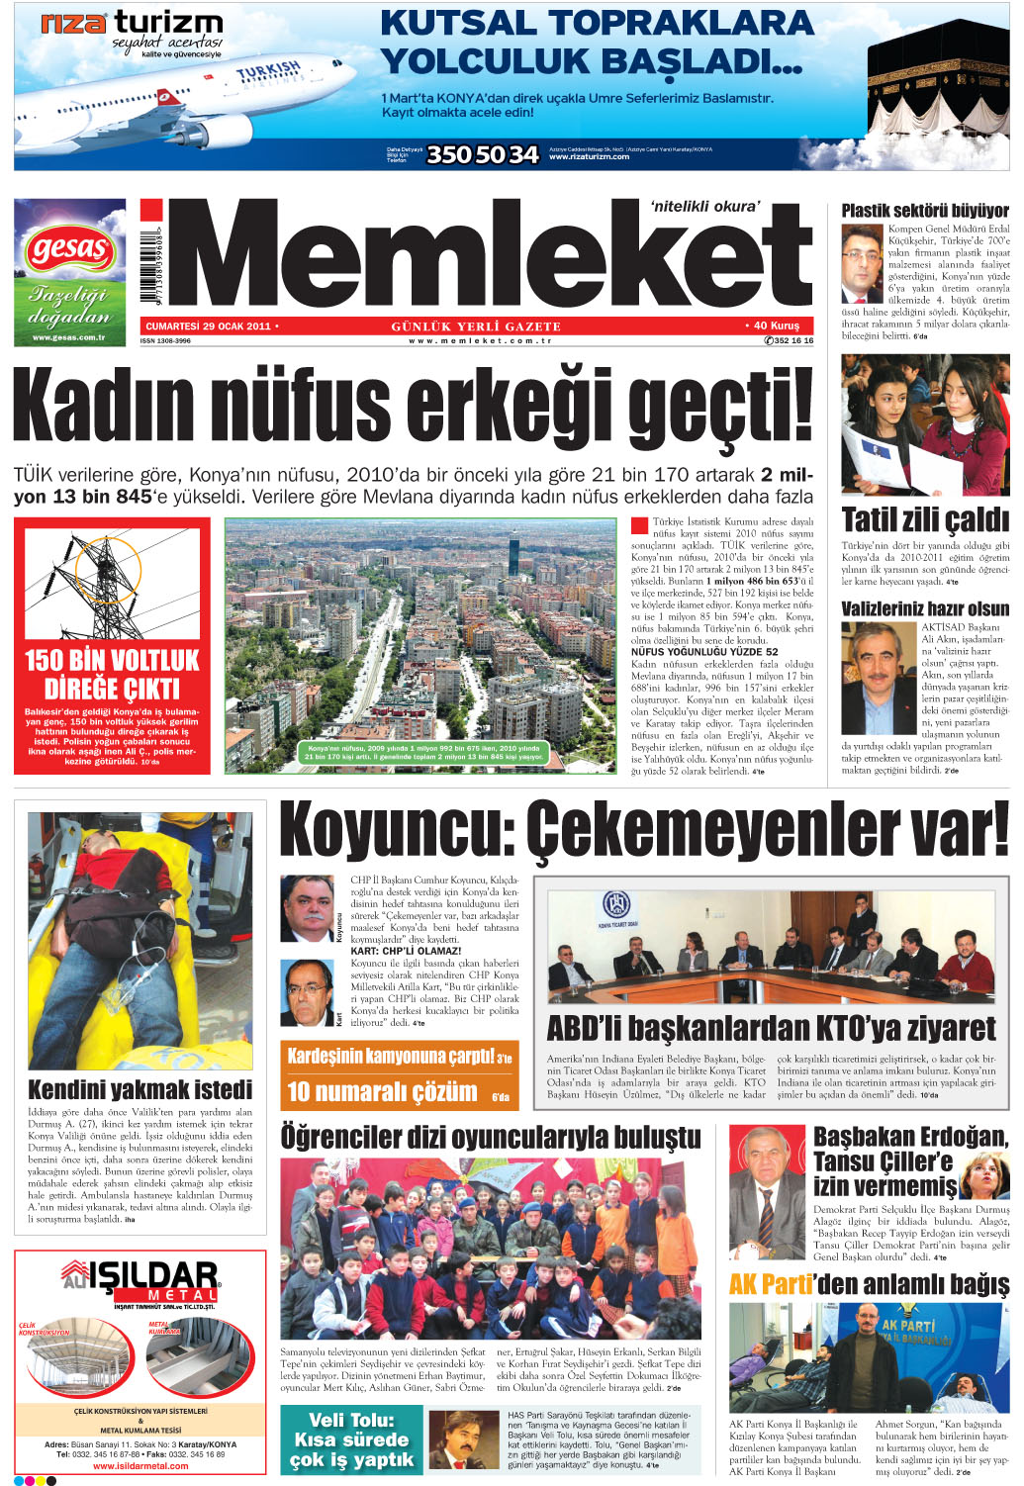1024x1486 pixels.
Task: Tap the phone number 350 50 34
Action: (482, 154)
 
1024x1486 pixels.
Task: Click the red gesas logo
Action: (68, 249)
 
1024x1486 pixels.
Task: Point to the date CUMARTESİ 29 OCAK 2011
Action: (208, 325)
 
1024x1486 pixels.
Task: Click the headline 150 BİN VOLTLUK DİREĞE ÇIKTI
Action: (112, 675)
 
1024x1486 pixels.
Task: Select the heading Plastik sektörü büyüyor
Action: (924, 211)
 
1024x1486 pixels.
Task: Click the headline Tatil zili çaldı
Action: (924, 519)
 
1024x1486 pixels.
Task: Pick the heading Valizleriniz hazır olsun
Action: (924, 608)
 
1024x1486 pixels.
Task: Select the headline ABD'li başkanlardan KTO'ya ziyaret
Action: (771, 1028)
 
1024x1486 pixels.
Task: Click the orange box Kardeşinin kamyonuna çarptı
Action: (399, 1057)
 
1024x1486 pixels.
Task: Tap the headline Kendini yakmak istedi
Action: (140, 1089)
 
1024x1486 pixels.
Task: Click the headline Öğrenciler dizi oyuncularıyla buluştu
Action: (491, 1138)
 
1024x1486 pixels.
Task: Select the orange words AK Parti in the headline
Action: (771, 1284)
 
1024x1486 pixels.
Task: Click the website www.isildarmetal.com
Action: (140, 1466)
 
